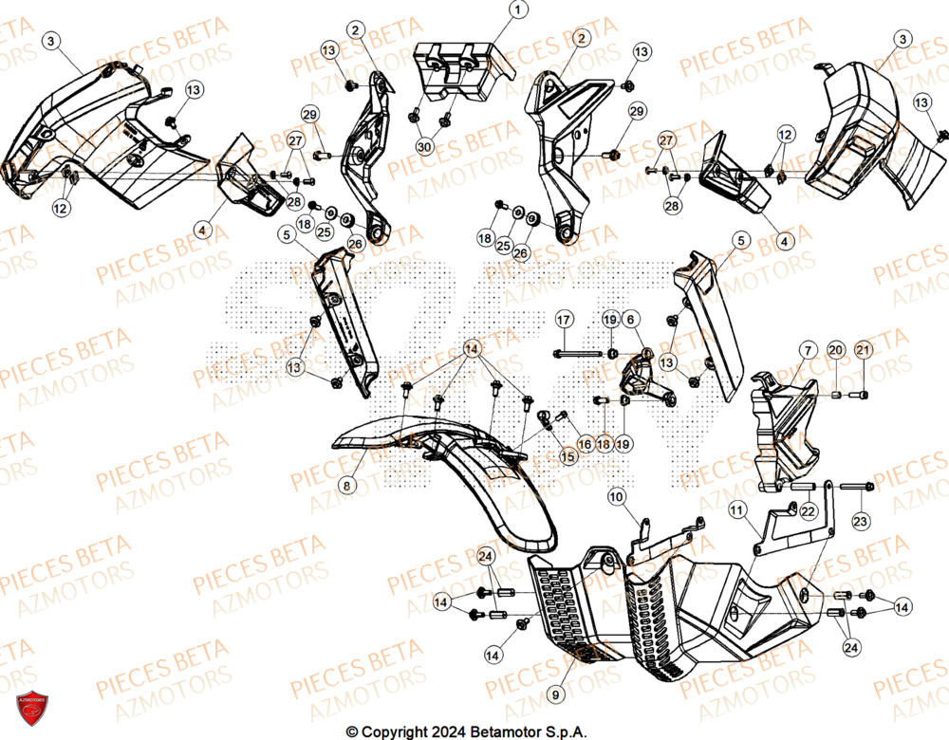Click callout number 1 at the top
pos(518,10)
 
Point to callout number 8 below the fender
pos(346,486)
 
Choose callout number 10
pos(617,496)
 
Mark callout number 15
pos(568,457)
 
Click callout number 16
pos(585,443)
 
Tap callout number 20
pos(835,351)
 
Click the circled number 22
pos(808,511)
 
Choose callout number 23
pos(861,520)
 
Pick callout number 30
pos(423,147)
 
